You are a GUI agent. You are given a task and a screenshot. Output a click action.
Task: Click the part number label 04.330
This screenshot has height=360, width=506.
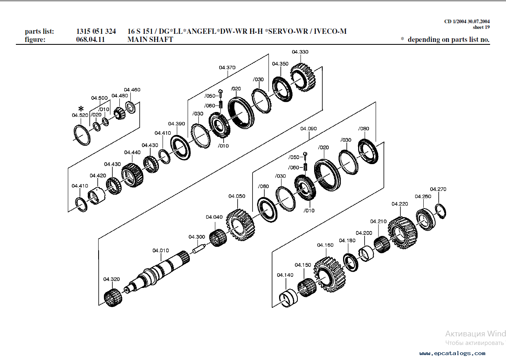coord(300,52)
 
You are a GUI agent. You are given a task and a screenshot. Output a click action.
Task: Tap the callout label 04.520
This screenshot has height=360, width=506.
coord(80,115)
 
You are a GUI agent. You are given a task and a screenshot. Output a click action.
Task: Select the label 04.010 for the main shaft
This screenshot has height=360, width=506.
coord(161,250)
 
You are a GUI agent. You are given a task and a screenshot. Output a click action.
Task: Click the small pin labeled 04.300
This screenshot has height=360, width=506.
coord(199,247)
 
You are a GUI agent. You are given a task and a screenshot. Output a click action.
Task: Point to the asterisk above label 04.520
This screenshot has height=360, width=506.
coord(81,109)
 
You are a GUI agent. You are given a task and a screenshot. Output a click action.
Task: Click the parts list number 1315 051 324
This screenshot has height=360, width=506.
coord(96,31)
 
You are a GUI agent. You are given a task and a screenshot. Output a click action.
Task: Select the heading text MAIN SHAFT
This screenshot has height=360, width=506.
coord(150,40)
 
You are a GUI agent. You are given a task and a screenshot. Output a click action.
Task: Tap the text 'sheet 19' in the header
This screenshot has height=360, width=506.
coord(481,27)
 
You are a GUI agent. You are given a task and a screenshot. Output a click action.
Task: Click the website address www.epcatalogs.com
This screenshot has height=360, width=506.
coord(452,353)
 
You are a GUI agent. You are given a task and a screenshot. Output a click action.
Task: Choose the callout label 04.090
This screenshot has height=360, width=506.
coord(308,129)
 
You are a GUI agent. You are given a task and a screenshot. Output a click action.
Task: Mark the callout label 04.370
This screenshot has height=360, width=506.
coord(227,67)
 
